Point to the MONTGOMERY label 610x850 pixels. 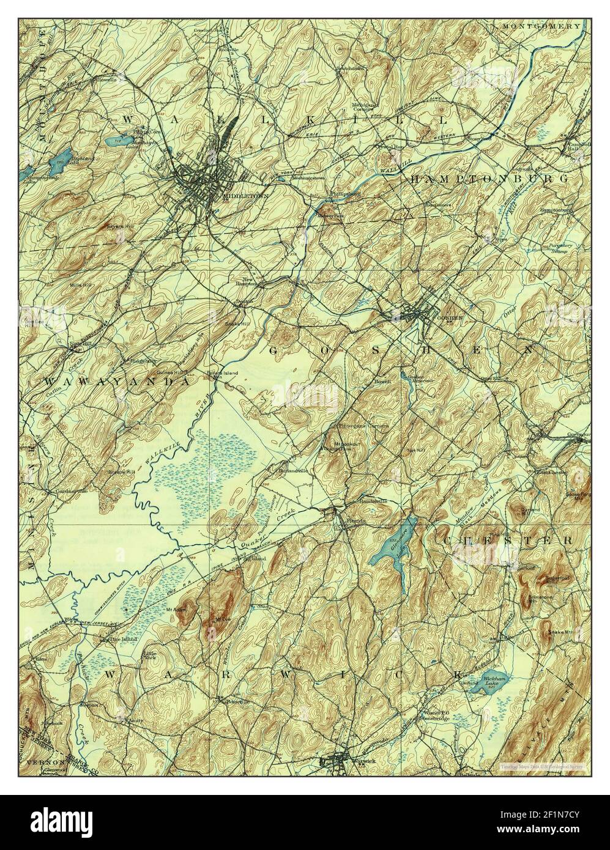click(x=541, y=26)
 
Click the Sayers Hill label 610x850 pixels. click(x=120, y=226)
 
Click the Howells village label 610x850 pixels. click(x=104, y=79)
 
